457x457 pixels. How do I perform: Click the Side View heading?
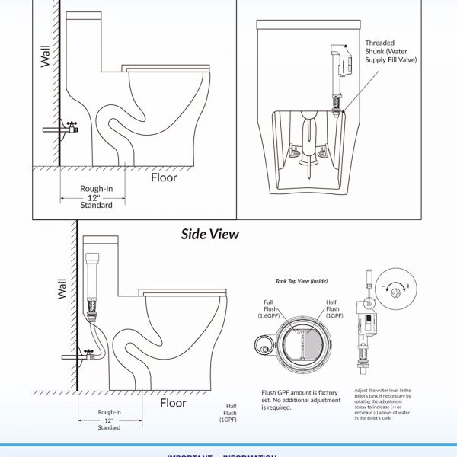pyautogui.click(x=209, y=234)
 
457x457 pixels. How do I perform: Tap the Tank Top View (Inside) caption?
pyautogui.click(x=302, y=281)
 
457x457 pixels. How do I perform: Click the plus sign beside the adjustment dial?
pyautogui.click(x=408, y=286)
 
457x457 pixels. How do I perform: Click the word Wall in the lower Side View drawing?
pyautogui.click(x=62, y=287)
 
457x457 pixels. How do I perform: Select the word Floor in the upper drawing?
pyautogui.click(x=164, y=177)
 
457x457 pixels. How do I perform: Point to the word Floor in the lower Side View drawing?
pyautogui.click(x=173, y=403)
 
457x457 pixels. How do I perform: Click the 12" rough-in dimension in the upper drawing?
pyautogui.click(x=97, y=197)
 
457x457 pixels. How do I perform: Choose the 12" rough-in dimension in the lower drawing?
pyautogui.click(x=109, y=420)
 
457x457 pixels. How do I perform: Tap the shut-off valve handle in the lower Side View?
pyautogui.click(x=89, y=352)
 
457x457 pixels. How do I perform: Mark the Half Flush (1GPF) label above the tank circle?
pyautogui.click(x=332, y=308)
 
